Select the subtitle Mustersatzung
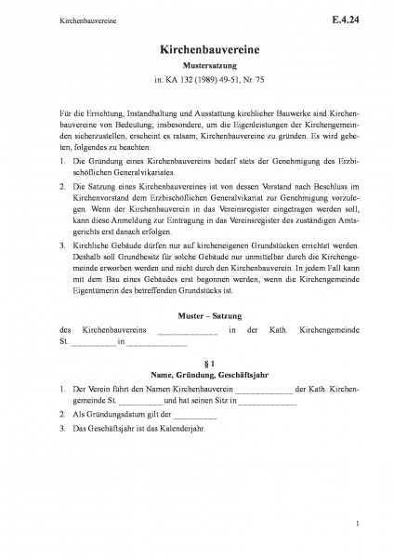point(197,68)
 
